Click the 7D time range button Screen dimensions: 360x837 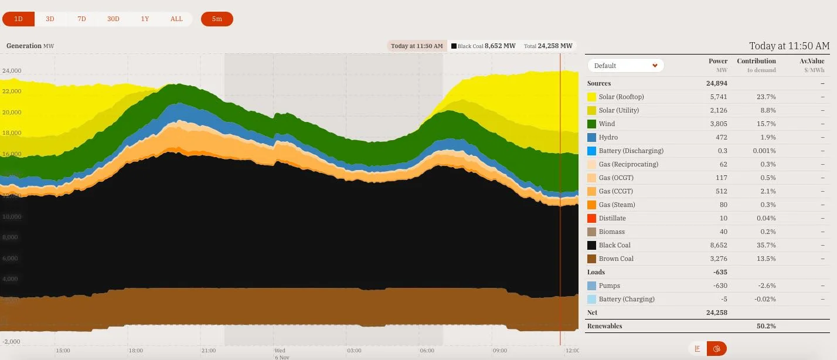81,19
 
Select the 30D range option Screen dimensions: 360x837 113,19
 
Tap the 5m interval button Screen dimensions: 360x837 217,19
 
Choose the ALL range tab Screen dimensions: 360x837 176,19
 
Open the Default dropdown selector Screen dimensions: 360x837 626,66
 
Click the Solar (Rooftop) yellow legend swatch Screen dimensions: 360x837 592,97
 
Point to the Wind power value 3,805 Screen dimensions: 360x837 717,124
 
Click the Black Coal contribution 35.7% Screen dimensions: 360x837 765,245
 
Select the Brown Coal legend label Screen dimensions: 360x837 616,259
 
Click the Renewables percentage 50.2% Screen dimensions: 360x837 765,326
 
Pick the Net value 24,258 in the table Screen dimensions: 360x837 717,313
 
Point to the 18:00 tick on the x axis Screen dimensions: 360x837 135,351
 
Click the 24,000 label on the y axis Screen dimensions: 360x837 12,70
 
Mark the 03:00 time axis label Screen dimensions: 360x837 354,351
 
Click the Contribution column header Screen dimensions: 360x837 756,61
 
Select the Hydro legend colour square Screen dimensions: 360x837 592,137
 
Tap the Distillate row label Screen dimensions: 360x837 612,218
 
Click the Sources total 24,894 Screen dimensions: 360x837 716,83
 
